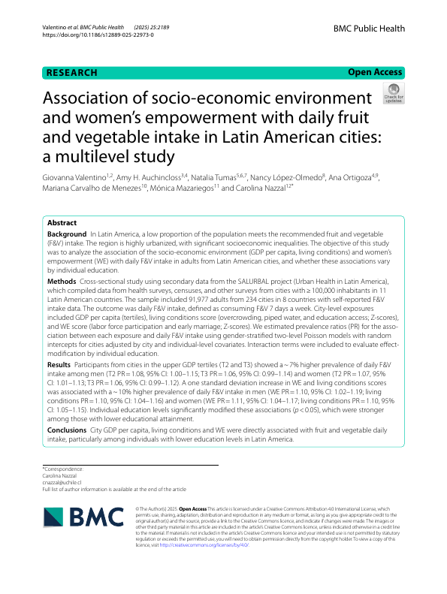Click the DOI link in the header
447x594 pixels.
click(x=89, y=35)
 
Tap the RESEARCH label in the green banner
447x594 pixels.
click(x=72, y=73)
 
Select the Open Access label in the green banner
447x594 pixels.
click(x=375, y=73)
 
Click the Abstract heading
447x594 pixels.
click(x=62, y=223)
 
